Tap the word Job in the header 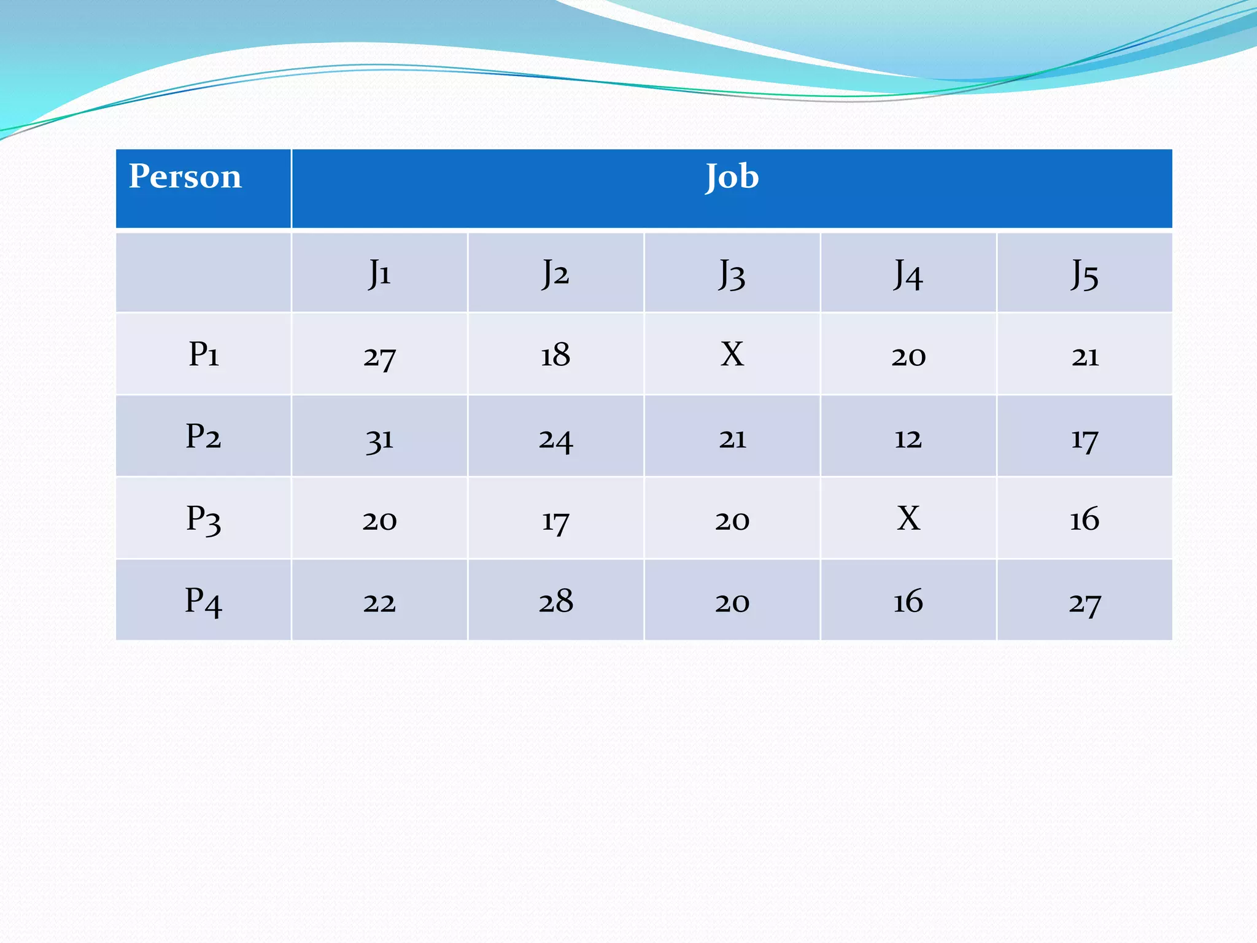732,177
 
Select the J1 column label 379,273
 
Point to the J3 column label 732,274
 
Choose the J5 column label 1085,274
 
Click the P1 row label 203,354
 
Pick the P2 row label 203,437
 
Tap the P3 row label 203,519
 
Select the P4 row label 203,600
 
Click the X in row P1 732,354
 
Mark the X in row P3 908,519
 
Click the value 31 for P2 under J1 379,440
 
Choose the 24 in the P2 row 556,440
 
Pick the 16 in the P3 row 1085,519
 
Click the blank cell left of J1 203,273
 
